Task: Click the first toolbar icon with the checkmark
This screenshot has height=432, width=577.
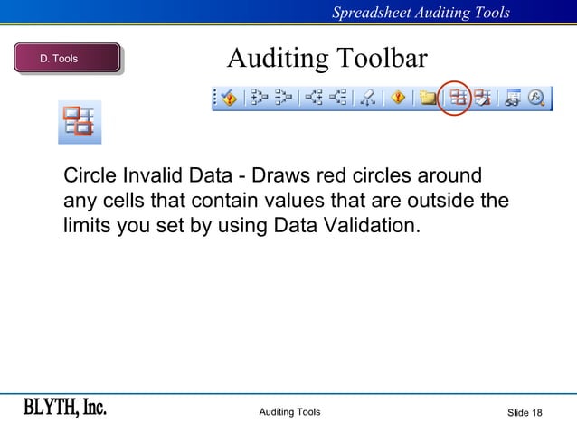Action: (229, 98)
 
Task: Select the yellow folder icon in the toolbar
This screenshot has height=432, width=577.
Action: (428, 98)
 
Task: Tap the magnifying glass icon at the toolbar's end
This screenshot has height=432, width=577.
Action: (536, 98)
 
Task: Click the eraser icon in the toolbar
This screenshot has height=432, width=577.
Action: (368, 98)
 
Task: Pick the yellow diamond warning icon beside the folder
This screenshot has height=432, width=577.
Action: (398, 98)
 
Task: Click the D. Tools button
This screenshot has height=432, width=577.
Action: (67, 59)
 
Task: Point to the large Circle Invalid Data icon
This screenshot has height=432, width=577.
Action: (80, 122)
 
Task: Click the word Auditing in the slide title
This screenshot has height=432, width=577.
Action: (278, 59)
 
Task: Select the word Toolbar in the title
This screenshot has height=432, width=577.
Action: (382, 59)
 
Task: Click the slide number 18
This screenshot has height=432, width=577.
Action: (537, 413)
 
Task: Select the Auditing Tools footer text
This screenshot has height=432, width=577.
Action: (289, 413)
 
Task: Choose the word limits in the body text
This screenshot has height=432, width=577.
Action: (87, 225)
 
